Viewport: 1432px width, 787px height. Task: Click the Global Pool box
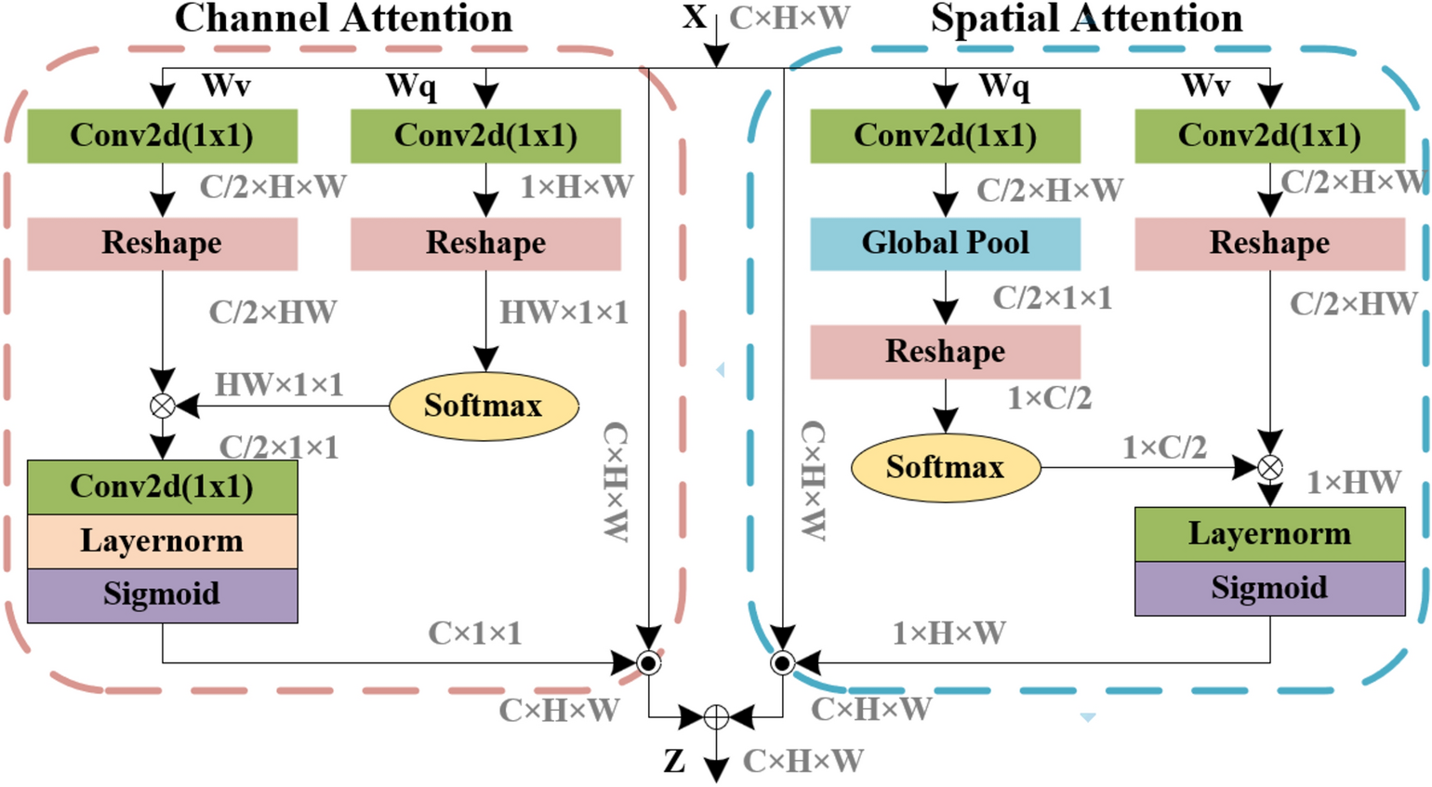coord(945,244)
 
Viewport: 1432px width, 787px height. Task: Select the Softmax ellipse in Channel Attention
coord(484,406)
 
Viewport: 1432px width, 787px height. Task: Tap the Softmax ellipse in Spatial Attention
coord(945,467)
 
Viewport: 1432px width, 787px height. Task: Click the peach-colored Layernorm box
coord(162,540)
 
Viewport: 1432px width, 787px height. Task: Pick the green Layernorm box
coord(1269,534)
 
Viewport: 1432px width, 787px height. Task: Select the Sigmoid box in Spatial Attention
coord(1269,588)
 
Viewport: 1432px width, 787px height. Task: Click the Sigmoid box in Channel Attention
coord(162,594)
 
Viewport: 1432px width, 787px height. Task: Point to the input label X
coord(694,17)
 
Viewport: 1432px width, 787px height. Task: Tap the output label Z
coord(675,761)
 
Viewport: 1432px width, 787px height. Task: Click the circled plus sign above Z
coord(715,717)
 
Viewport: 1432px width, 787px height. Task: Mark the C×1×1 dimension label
coord(474,634)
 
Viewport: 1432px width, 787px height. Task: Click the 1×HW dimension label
coord(1353,482)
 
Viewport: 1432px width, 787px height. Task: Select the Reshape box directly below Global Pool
coord(945,352)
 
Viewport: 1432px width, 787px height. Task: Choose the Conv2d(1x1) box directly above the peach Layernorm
coord(162,487)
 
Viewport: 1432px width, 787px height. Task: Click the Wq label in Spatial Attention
coord(1004,86)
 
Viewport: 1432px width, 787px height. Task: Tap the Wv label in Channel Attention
coord(226,86)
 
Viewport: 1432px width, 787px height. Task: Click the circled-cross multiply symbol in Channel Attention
coord(163,406)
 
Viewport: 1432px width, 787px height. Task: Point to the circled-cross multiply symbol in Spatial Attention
coord(1269,467)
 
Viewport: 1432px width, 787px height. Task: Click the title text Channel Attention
coord(343,19)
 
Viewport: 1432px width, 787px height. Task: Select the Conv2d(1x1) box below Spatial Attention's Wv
coord(1269,136)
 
